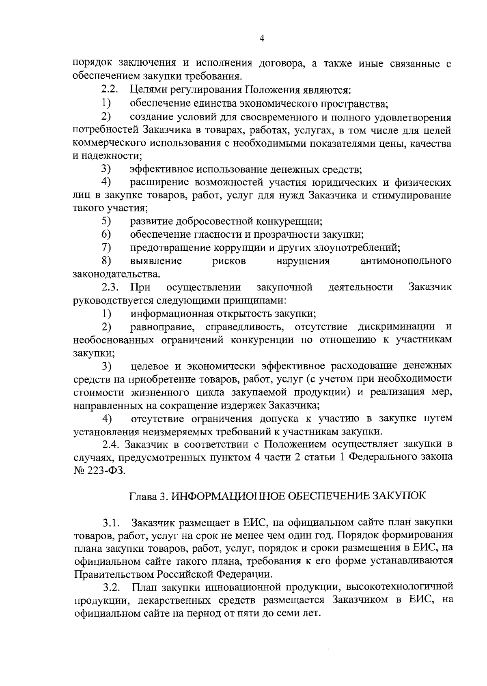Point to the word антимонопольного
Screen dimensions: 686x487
[405, 261]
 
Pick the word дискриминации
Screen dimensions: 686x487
[396, 327]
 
